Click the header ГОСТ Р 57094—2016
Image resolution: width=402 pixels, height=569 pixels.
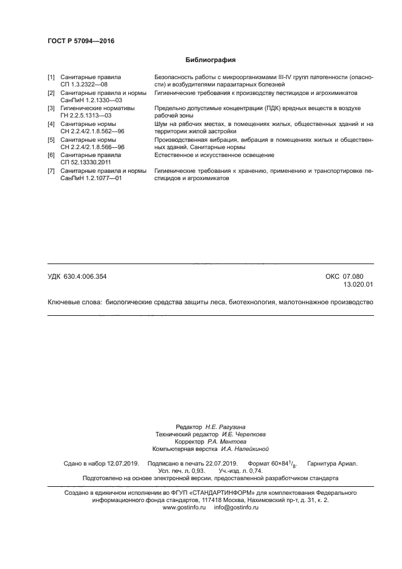point(80,41)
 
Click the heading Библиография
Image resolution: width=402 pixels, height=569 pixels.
point(210,60)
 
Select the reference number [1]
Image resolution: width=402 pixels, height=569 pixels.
point(51,77)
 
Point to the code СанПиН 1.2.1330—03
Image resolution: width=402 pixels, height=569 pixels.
point(91,100)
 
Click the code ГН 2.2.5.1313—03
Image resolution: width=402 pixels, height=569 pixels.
point(87,115)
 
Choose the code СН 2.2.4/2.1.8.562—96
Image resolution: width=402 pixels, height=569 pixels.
point(92,131)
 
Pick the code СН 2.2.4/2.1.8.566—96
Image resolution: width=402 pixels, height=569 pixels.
point(92,147)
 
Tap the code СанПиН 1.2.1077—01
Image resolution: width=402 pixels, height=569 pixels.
point(91,178)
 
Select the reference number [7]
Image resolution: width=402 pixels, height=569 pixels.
point(51,170)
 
